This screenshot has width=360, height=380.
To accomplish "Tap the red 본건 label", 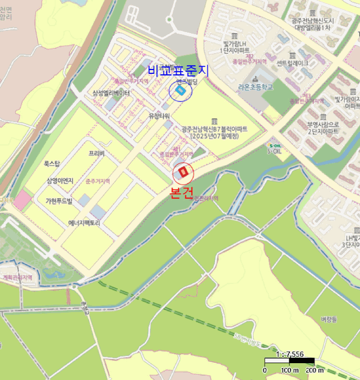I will pyautogui.click(x=181, y=194).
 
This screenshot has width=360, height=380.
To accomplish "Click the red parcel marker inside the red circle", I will pyautogui.click(x=183, y=173).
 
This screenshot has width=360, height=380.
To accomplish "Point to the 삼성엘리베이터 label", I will pyautogui.click(x=111, y=93).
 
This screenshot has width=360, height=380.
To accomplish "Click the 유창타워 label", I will pyautogui.click(x=159, y=116).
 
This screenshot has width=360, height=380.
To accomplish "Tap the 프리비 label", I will pyautogui.click(x=96, y=154).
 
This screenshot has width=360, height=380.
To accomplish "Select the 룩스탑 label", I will pyautogui.click(x=52, y=163).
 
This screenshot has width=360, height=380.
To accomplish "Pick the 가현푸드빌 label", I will pyautogui.click(x=59, y=201).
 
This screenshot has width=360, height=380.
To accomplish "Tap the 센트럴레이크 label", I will pyautogui.click(x=292, y=64).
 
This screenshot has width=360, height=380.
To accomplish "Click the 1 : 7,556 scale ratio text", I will pyautogui.click(x=290, y=354).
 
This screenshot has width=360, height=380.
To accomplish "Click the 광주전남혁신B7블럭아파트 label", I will pyautogui.click(x=214, y=132).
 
